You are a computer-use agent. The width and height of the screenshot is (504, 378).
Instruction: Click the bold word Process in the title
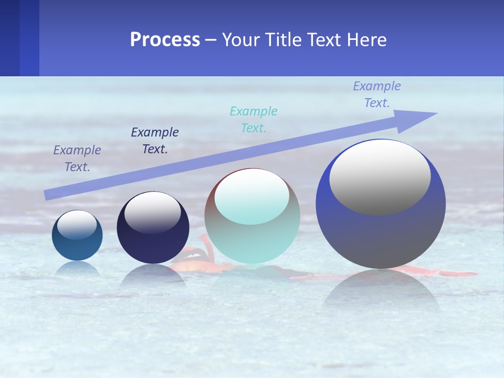165,39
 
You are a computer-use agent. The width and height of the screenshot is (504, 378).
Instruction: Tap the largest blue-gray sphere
381,236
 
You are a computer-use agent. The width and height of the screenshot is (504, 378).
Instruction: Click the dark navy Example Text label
155,141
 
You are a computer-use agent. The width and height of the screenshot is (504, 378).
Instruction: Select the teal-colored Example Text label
254,119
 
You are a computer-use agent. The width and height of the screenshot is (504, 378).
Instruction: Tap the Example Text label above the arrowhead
377,94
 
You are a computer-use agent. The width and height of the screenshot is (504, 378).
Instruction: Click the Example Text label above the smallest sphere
77,159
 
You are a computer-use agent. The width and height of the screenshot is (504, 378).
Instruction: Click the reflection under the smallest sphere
77,268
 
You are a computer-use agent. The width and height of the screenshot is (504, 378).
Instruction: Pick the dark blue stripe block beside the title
19,38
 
